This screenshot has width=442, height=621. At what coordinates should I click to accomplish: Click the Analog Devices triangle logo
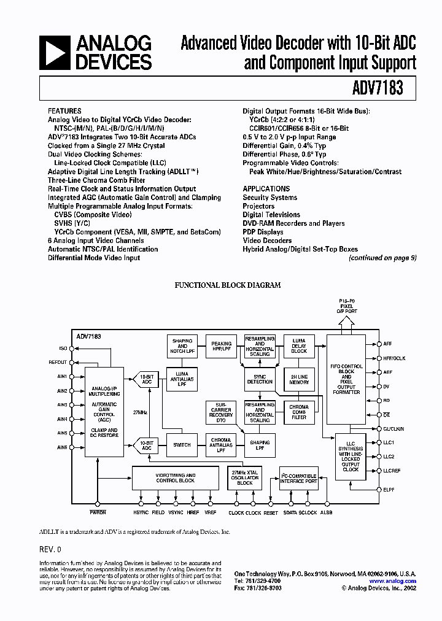(54, 52)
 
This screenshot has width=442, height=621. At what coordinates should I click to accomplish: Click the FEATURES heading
(64, 111)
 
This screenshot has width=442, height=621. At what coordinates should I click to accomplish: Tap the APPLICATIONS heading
(266, 189)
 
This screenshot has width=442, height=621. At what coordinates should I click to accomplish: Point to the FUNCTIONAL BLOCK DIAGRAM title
(228, 285)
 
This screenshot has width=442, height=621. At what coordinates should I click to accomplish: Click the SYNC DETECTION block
(260, 379)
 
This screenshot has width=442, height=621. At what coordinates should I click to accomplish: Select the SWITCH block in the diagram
(182, 445)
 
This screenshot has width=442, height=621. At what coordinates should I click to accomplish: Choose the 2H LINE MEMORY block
(299, 379)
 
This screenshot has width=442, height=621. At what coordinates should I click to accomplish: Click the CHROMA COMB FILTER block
(299, 411)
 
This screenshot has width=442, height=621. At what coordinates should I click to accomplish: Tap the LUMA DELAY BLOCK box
(299, 345)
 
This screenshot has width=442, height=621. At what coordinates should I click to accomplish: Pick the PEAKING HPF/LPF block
(221, 347)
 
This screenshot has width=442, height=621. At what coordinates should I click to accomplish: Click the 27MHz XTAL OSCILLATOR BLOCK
(244, 477)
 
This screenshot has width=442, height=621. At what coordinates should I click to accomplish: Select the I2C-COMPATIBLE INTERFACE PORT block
(299, 477)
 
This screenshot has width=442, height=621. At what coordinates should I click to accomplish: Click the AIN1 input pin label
(62, 377)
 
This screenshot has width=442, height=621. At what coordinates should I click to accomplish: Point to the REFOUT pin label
(58, 363)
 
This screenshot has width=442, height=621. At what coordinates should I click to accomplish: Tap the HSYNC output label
(141, 512)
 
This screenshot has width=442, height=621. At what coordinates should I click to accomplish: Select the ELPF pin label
(389, 490)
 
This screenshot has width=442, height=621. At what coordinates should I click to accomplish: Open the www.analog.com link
(392, 581)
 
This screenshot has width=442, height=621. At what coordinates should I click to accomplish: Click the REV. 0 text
(50, 550)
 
